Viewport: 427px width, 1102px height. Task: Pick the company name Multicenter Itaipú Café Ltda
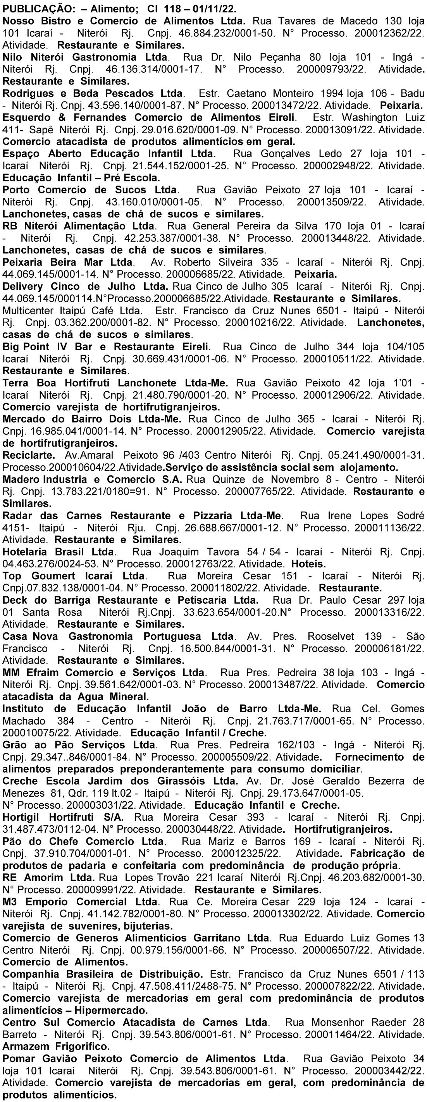pos(73,311)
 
